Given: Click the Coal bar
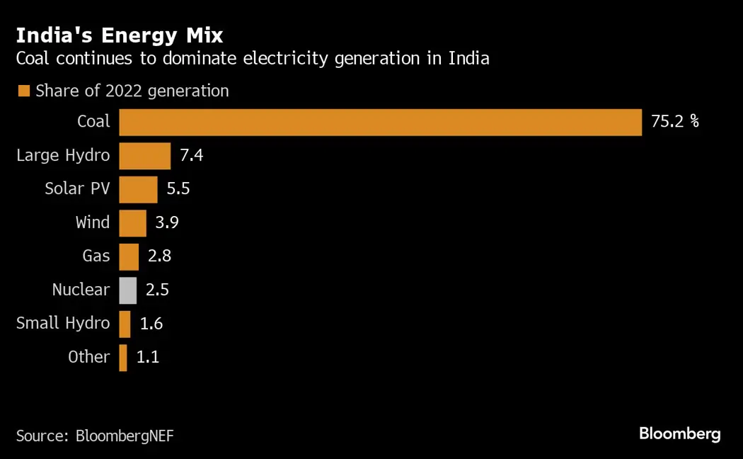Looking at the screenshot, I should coord(380,122).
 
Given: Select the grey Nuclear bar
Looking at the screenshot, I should coord(127,290).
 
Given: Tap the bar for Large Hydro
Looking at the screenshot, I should coord(144,156).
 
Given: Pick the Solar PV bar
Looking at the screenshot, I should coord(138,189).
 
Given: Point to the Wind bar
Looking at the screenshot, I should coord(132,223).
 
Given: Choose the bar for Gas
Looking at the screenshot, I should coord(129,256).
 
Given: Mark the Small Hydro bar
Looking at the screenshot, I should coord(125,324).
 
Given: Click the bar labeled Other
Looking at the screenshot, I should coord(123,358).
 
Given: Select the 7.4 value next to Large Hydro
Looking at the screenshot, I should coord(191,156).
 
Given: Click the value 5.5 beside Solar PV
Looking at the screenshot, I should coord(178,189).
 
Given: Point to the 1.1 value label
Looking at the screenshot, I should coord(147,358).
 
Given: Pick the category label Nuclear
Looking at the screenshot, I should coord(81,290).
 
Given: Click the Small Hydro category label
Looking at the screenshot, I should coord(63,324).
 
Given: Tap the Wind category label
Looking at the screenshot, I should coord(93,223).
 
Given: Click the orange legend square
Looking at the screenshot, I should coord(23,91).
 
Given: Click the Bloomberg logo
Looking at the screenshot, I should coord(679,433).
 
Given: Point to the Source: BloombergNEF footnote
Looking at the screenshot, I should coord(95,435).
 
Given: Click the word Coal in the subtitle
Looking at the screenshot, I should coord(33,58).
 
